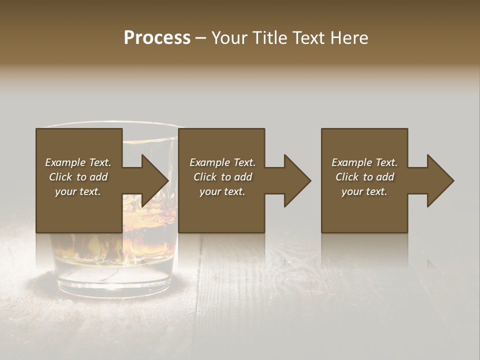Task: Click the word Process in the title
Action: pos(157,38)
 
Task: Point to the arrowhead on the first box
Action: pos(155,180)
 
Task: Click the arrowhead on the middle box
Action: pos(297,180)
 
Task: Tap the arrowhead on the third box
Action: pos(440,180)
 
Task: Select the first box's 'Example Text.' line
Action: pos(78,162)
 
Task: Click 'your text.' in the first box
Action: pos(78,191)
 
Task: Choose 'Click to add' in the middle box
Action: pos(222,177)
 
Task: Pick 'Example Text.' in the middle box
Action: pos(222,162)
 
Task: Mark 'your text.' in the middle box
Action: pos(222,191)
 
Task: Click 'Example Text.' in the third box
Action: pos(364,162)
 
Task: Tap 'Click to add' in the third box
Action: pos(364,177)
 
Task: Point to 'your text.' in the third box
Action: pos(364,191)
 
